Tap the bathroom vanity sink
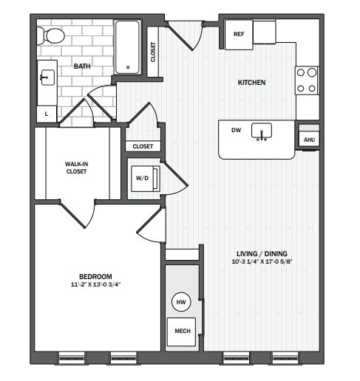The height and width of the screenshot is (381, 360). click(x=48, y=78)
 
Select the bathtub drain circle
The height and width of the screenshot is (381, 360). click(x=128, y=67)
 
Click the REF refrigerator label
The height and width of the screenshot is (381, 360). click(x=239, y=34)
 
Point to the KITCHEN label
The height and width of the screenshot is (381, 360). click(x=251, y=83)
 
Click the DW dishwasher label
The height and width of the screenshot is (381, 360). click(x=236, y=130)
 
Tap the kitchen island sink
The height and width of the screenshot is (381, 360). click(x=262, y=131)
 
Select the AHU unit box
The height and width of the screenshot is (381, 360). click(x=309, y=140)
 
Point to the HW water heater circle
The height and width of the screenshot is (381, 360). click(x=181, y=302)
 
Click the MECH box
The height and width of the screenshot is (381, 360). click(x=182, y=332)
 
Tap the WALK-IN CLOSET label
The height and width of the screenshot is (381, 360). click(x=76, y=168)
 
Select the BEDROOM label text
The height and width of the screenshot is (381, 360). click(x=95, y=276)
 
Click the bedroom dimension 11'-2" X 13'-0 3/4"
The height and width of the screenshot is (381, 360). click(x=96, y=284)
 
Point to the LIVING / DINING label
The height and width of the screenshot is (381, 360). click(x=262, y=253)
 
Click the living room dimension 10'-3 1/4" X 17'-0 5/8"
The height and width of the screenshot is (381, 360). click(x=262, y=261)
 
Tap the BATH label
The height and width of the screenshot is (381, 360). click(x=82, y=66)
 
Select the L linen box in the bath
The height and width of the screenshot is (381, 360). click(x=47, y=114)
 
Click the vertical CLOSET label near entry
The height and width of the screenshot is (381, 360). click(x=153, y=52)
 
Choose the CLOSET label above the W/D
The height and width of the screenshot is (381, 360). click(x=143, y=146)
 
